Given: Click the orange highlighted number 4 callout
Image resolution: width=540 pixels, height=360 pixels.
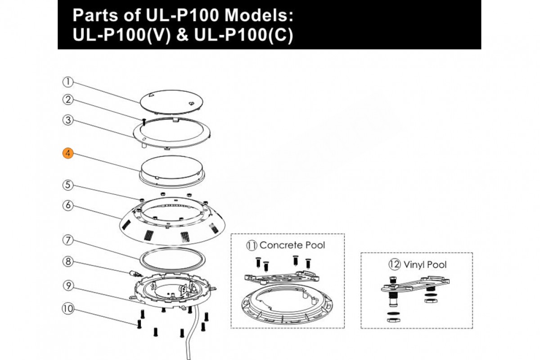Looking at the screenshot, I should (67, 153).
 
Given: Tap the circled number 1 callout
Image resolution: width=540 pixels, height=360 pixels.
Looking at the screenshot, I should (67, 82).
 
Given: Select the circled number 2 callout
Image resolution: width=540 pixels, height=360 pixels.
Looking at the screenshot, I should (67, 99).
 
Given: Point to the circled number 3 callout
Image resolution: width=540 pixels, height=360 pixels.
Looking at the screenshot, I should (67, 120).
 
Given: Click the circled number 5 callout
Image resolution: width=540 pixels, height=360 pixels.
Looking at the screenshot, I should (67, 184).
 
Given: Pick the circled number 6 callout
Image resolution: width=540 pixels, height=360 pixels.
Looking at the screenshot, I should (67, 205).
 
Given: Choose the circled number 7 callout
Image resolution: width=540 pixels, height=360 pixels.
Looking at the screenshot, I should (67, 240).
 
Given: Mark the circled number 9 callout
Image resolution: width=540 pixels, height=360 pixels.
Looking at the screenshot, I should (67, 285).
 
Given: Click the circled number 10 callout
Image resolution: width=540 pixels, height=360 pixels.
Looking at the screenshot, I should (67, 309).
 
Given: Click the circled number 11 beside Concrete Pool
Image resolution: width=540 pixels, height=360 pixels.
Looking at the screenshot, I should (251, 245).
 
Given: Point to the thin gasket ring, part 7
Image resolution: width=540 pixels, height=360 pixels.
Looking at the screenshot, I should (171, 260).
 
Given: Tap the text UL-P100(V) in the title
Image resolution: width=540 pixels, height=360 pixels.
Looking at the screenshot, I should (122, 36).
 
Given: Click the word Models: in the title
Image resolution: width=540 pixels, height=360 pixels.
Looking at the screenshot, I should (259, 16).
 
